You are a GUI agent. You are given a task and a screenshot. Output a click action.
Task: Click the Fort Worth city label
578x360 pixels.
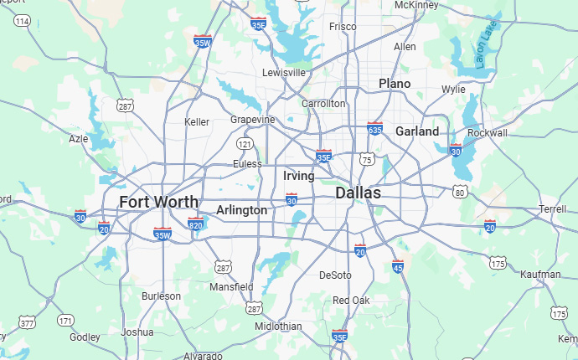pyautogui.click(x=158, y=202)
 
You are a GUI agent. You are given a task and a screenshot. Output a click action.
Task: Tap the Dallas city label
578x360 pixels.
pyautogui.click(x=358, y=193)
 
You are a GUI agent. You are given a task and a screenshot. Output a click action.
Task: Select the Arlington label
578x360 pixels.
pyautogui.click(x=241, y=210)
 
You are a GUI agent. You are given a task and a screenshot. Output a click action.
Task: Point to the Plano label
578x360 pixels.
pyautogui.click(x=395, y=84)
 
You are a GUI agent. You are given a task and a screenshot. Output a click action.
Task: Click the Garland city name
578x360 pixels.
pyautogui.click(x=416, y=131)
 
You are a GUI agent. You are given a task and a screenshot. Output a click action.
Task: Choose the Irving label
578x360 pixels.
pyautogui.click(x=299, y=176)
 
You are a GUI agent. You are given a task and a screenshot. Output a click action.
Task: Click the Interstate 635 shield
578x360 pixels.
pyautogui.click(x=374, y=129)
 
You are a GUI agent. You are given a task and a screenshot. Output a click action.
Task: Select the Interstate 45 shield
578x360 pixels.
pyautogui.click(x=398, y=266)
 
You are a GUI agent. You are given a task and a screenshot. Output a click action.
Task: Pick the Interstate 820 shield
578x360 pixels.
pyautogui.click(x=195, y=224)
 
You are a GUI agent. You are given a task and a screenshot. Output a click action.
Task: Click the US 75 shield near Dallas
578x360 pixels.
pyautogui.click(x=366, y=159)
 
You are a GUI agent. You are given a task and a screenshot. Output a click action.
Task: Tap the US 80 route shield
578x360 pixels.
pyautogui.click(x=459, y=193)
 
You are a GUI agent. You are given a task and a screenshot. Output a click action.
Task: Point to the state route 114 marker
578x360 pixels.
pyautogui.click(x=22, y=20)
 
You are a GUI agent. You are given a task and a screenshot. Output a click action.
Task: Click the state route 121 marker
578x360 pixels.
pyautogui.click(x=245, y=144)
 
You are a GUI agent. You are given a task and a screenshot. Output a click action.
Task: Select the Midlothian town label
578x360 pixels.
pyautogui.click(x=278, y=326)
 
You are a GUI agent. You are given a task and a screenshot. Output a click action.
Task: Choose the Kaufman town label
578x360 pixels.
pyautogui.click(x=540, y=275)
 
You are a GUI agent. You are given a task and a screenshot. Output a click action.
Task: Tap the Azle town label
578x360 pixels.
pyautogui.click(x=78, y=139)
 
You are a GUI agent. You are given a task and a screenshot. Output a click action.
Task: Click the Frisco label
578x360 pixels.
pyautogui.click(x=342, y=27)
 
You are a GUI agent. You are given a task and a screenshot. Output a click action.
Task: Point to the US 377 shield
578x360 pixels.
pyautogui.click(x=27, y=323)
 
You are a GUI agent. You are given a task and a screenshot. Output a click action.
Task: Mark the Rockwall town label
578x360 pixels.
pyautogui.click(x=488, y=133)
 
